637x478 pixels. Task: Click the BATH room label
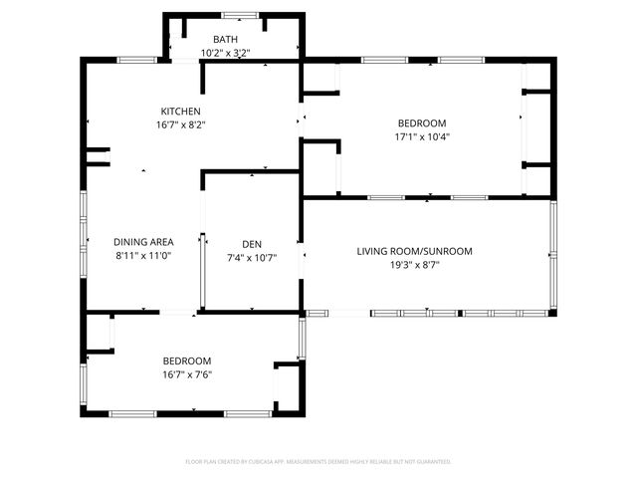coord(225,39)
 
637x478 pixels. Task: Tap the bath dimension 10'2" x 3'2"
coord(225,53)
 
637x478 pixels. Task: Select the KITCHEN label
coord(181,111)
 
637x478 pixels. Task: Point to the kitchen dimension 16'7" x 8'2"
coord(181,124)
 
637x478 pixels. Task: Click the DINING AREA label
coord(144,242)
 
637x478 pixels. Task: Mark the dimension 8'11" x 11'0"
coord(144,256)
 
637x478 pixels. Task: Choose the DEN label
coord(252,242)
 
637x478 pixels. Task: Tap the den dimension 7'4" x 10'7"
coord(252,256)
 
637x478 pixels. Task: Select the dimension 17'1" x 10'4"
coord(422,136)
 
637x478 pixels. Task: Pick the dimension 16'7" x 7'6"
coord(187,374)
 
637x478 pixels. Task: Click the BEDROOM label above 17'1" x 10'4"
coord(422,122)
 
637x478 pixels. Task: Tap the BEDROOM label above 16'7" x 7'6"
coord(187,360)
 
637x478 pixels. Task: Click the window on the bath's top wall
coord(236,15)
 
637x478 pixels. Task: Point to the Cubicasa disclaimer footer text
coord(318,461)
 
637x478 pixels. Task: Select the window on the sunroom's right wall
coord(552,257)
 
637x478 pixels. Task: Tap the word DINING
coord(130,242)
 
